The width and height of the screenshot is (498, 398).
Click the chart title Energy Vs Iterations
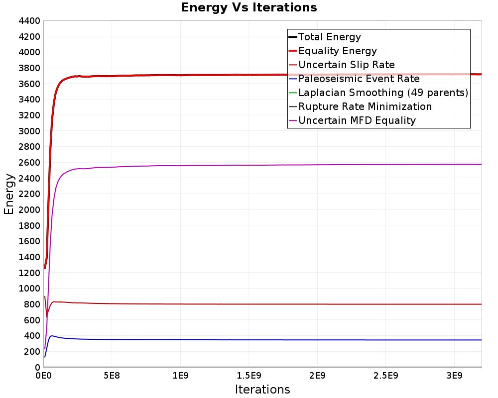[x=249, y=7]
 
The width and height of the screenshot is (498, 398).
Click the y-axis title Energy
[x=8, y=194]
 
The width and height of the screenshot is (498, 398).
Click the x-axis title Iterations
[x=262, y=389]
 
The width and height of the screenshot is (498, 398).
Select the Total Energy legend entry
[x=329, y=37]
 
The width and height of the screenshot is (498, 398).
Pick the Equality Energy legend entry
[x=337, y=51]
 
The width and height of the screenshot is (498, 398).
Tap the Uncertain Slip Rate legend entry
[x=346, y=65]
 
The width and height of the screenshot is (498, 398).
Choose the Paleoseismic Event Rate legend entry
[x=359, y=79]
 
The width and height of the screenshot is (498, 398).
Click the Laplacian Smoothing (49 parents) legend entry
[x=382, y=93]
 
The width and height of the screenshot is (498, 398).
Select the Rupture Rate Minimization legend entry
[x=365, y=106]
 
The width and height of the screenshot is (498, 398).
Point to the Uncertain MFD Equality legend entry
[x=357, y=120]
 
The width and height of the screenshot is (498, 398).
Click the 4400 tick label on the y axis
[x=29, y=21]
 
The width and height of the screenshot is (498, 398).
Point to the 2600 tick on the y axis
[x=29, y=163]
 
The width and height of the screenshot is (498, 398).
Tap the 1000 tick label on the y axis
[x=29, y=289]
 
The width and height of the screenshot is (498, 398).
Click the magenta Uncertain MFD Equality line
[x=299, y=165]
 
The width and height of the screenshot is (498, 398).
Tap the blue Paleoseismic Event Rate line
[x=299, y=340]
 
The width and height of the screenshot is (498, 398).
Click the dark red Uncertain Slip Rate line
[x=299, y=304]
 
